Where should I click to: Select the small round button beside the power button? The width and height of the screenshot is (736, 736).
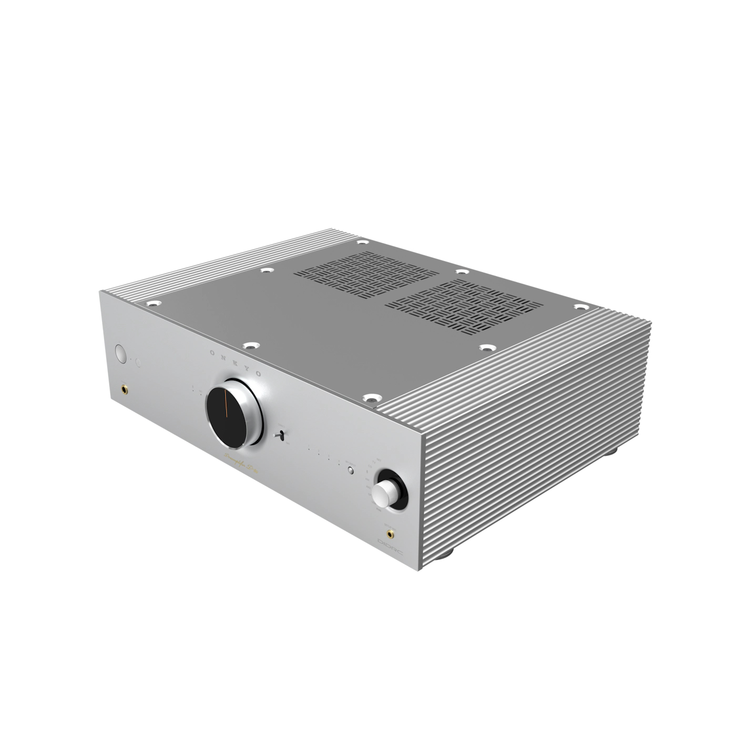coord(138,362)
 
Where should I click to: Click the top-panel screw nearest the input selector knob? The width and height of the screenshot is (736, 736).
coord(372,399)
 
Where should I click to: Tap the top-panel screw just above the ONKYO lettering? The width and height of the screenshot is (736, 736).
coord(251,346)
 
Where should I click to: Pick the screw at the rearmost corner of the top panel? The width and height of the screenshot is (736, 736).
coord(361,243)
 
